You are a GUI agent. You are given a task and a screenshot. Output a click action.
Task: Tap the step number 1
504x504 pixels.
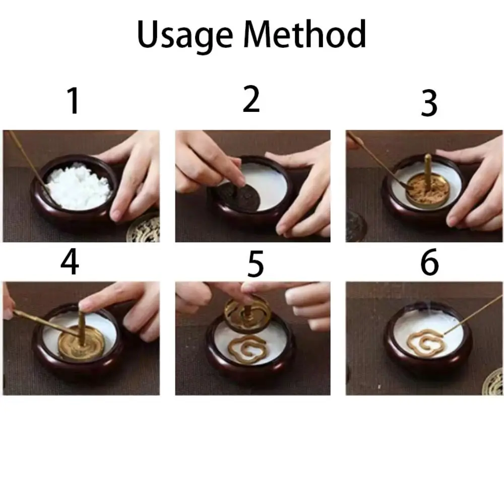point(74,101)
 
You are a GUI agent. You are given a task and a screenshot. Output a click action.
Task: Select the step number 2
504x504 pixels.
point(251,99)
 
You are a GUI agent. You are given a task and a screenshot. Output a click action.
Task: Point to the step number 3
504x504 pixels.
point(429,103)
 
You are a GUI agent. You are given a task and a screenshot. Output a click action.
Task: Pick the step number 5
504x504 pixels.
point(256,265)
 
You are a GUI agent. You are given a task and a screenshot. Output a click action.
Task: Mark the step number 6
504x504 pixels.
point(429,262)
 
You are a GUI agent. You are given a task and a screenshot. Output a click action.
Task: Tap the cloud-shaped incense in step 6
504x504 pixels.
point(425,342)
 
